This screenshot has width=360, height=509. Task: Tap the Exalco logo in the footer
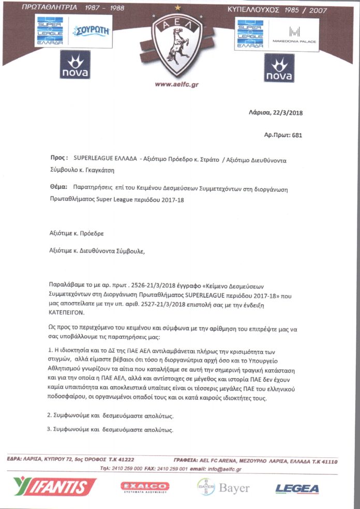(x=145, y=487)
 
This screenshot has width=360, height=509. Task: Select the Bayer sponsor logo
(x=223, y=487)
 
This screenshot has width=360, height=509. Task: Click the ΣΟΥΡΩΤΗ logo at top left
(x=92, y=31)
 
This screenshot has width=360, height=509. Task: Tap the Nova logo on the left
(x=75, y=68)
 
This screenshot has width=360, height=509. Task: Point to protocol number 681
(x=297, y=135)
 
